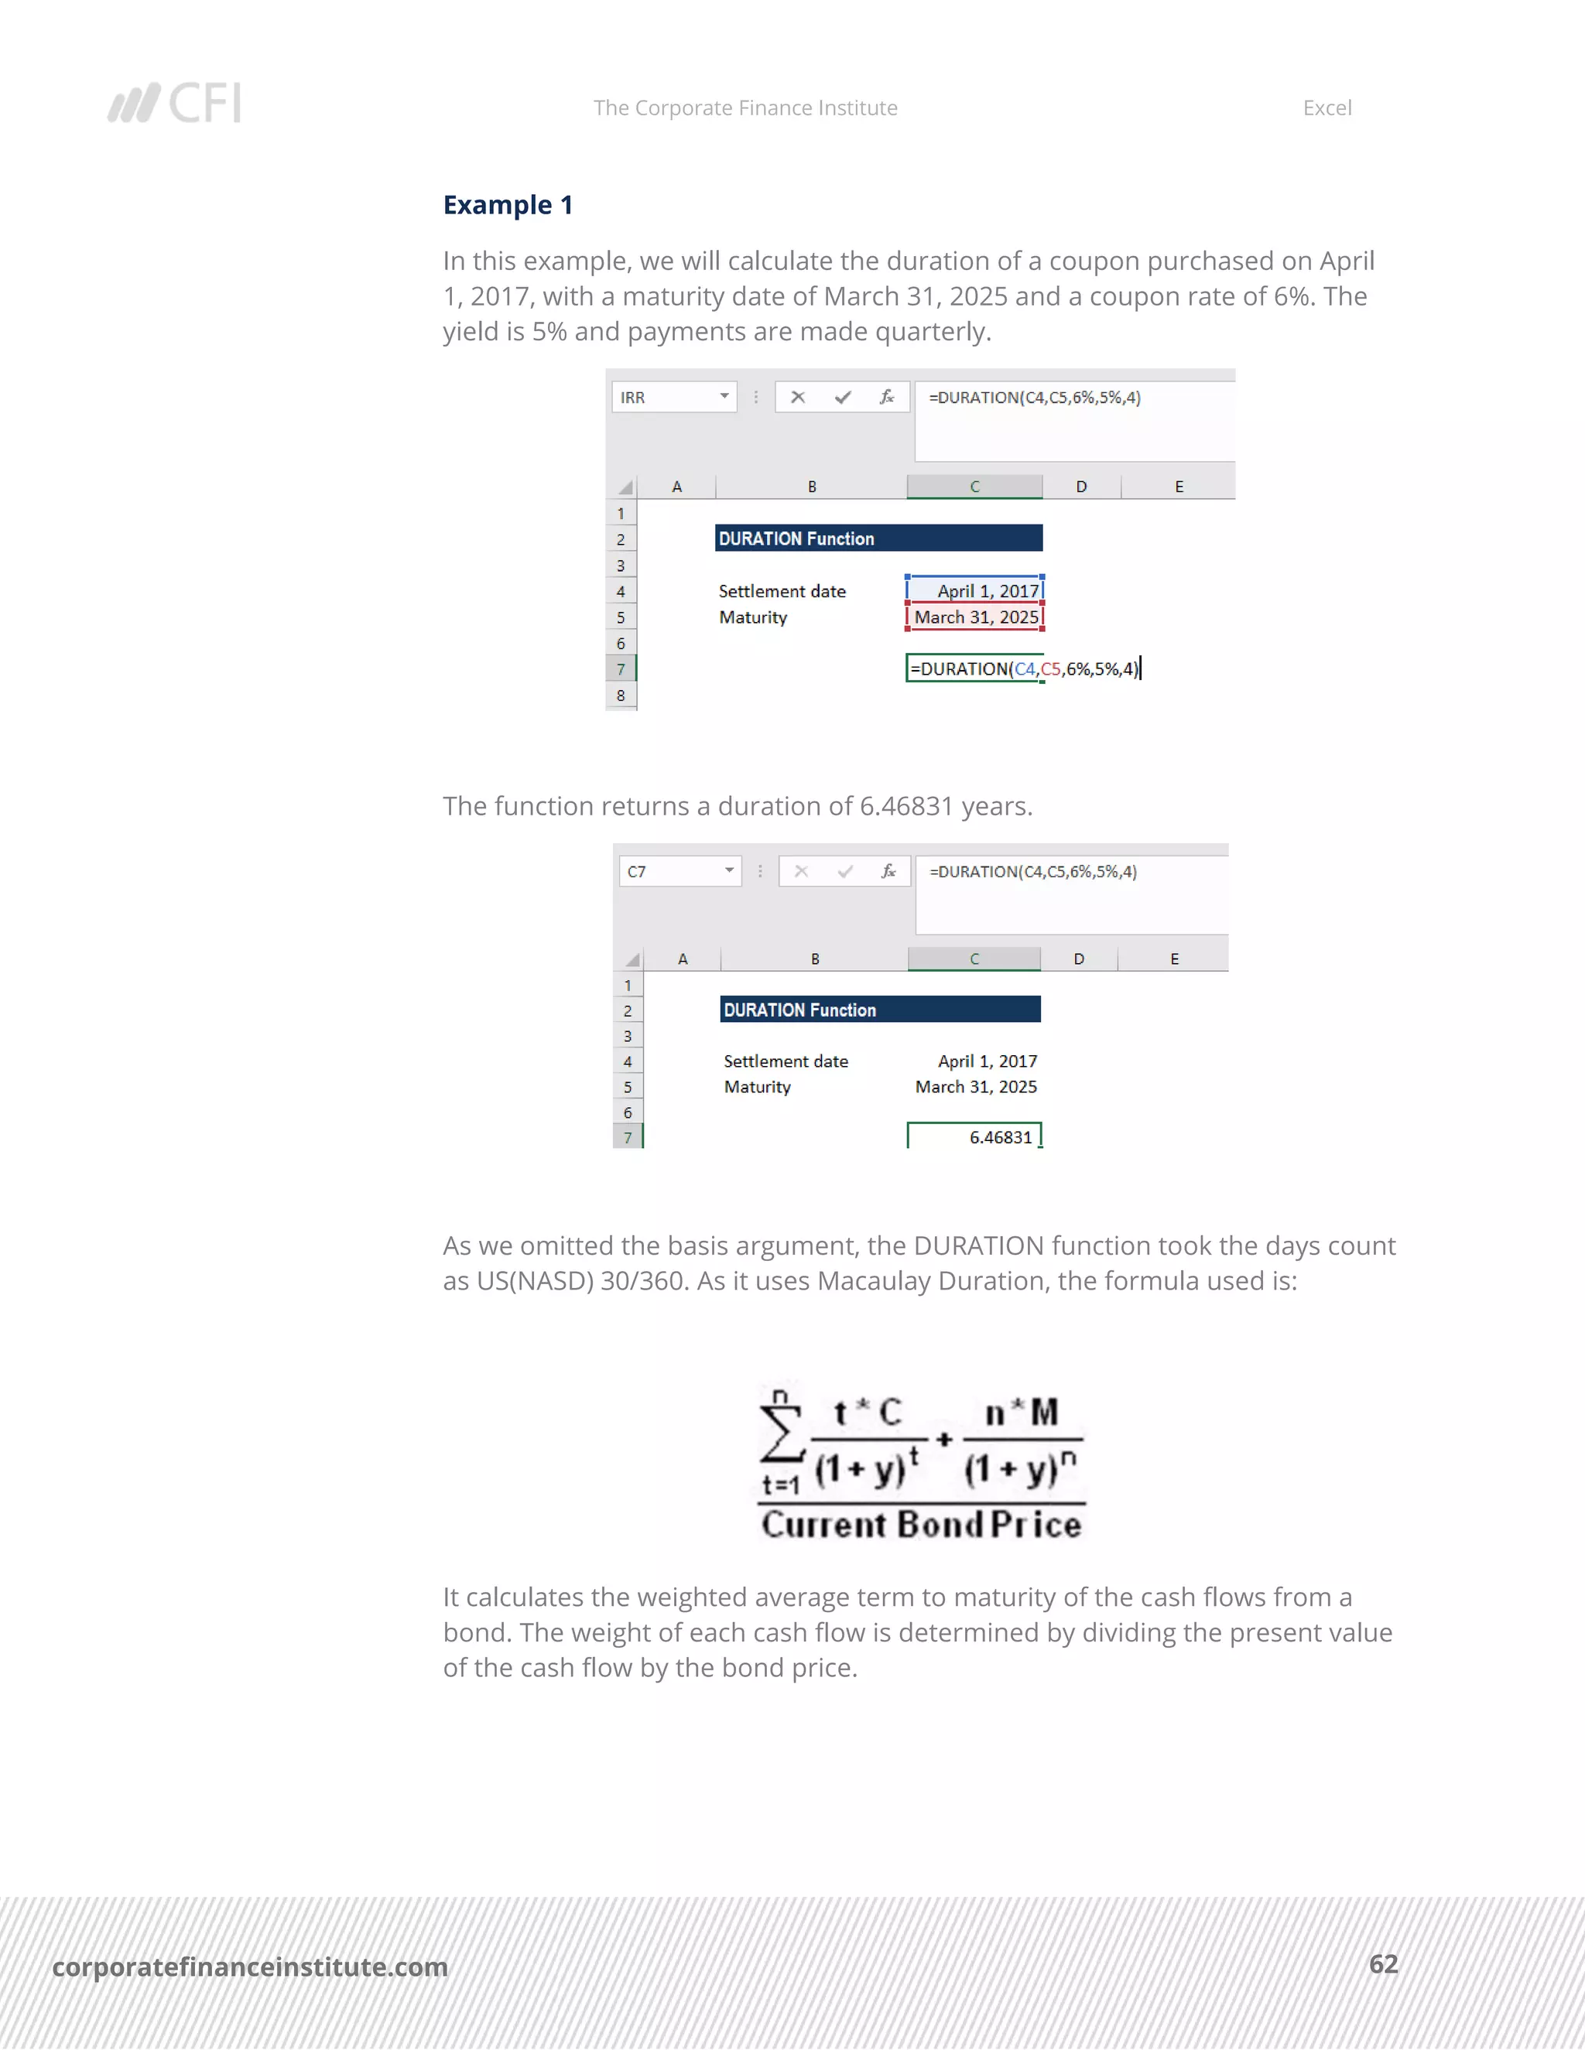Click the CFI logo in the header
pyautogui.click(x=175, y=103)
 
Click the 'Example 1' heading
pyautogui.click(x=508, y=205)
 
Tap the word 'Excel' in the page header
pyautogui.click(x=1327, y=108)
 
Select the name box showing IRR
pyautogui.click(x=673, y=397)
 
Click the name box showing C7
pyautogui.click(x=679, y=871)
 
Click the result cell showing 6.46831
pyautogui.click(x=974, y=1136)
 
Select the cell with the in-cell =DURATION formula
pyautogui.click(x=974, y=668)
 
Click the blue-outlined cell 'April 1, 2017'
pyautogui.click(x=974, y=590)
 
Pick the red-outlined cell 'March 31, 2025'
pyautogui.click(x=974, y=617)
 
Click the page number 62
pyautogui.click(x=1383, y=1963)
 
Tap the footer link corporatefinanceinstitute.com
pyautogui.click(x=250, y=1966)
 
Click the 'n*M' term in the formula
pyautogui.click(x=1022, y=1413)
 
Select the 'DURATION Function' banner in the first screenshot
pyautogui.click(x=878, y=538)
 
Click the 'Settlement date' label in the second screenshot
pyautogui.click(x=786, y=1061)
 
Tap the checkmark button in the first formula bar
pyautogui.click(x=842, y=397)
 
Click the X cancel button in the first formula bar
pyautogui.click(x=798, y=397)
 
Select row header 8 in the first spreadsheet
pyautogui.click(x=621, y=695)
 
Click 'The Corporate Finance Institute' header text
pyautogui.click(x=745, y=108)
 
